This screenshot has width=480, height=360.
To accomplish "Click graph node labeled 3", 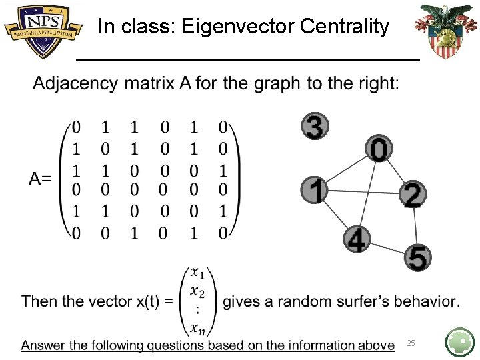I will pos(315,127).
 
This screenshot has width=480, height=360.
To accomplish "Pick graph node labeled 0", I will pos(379,149).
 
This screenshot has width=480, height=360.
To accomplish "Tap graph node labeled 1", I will pos(314,190).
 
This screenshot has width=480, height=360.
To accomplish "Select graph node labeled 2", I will pos(413,194).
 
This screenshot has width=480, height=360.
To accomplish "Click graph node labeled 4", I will pos(357,239).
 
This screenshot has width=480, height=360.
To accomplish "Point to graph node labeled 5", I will pos(418,257).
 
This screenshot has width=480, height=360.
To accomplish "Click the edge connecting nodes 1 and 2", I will pos(363,192).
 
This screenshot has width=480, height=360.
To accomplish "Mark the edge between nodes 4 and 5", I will pos(388,249).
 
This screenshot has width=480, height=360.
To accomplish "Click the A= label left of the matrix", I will pos(40,179).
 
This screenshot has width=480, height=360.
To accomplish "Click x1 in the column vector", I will pos(197,272).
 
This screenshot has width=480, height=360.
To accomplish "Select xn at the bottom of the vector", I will pos(197,327).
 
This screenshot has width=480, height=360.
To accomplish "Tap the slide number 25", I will pos(411,343).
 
